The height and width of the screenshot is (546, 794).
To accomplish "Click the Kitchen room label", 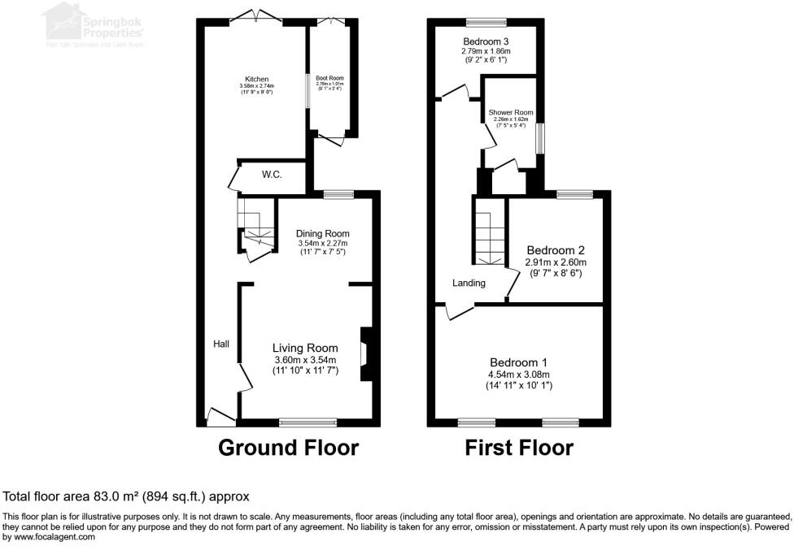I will click(x=256, y=79).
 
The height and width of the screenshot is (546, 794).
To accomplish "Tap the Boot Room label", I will click(x=330, y=78).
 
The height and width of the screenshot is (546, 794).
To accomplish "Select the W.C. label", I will click(x=272, y=174).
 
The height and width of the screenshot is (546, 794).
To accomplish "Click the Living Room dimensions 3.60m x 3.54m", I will click(x=304, y=360).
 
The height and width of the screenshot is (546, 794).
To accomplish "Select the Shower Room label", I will click(x=510, y=112).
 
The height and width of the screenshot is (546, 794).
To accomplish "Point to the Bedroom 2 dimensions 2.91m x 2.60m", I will click(x=556, y=262).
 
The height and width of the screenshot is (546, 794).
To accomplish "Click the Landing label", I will click(x=469, y=283).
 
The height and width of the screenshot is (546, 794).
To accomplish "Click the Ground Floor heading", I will click(x=288, y=448).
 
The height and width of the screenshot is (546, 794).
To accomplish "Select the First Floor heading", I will click(x=518, y=448).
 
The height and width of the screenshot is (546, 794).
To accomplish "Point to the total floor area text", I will click(x=126, y=496).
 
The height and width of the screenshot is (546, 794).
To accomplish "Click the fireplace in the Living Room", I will click(x=365, y=353).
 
